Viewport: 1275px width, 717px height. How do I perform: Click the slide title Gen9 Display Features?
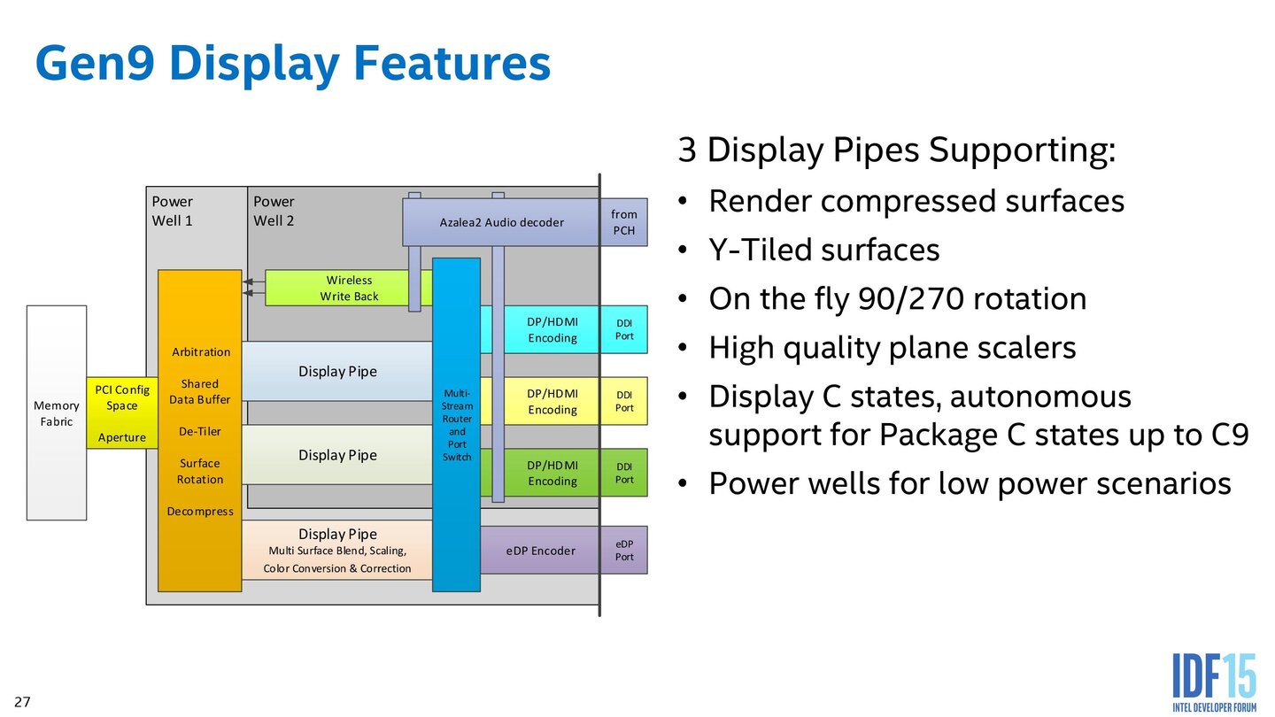pos(292,64)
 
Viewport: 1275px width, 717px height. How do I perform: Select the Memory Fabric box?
pos(57,412)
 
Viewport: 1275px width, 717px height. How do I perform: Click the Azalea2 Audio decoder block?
pos(501,222)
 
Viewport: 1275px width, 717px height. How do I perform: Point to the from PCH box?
pos(624,222)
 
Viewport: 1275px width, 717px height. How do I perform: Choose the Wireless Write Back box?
pos(349,288)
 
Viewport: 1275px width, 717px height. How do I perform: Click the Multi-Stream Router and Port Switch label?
pos(457,425)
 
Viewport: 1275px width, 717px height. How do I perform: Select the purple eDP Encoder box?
pos(540,551)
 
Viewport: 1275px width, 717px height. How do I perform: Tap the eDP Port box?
pos(624,551)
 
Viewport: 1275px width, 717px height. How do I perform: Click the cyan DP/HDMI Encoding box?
pos(552,329)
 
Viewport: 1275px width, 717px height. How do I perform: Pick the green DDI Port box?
pos(624,473)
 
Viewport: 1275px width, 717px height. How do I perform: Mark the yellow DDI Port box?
pos(624,401)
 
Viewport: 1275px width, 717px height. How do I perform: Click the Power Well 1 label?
pos(173,211)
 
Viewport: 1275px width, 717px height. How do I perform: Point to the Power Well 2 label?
pos(274,211)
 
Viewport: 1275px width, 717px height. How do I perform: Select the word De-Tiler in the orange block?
pos(200,431)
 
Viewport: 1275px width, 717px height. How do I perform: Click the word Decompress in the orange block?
pos(200,511)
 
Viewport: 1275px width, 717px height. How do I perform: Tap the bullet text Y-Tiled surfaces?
pos(823,250)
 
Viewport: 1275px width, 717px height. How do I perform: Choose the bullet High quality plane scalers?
pos(892,347)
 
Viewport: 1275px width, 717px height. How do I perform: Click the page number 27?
pos(22,702)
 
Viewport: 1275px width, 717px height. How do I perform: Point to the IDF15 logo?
pos(1214,682)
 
